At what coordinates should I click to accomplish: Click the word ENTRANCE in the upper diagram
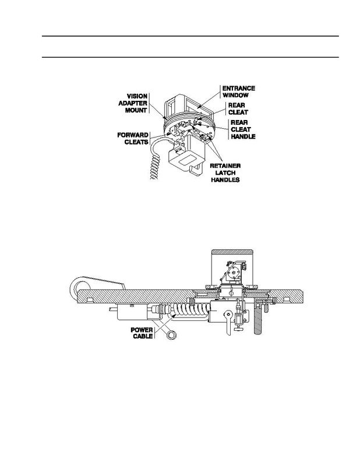coord(239,89)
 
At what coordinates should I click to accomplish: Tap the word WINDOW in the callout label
coord(235,96)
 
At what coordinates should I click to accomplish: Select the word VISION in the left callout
coord(137,96)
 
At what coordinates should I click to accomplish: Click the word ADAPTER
coord(133,103)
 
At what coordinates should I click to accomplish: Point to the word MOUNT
coord(136,110)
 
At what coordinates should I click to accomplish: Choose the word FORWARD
coord(133,135)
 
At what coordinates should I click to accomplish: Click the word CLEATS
coord(136,142)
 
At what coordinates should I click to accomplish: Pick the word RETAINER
coord(225,166)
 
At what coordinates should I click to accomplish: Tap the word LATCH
coord(225,172)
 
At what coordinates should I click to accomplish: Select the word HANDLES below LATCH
coord(225,180)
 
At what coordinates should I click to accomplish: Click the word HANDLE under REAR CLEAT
coord(243,136)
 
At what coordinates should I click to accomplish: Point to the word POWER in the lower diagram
coord(142,330)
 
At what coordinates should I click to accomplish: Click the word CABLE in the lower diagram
coord(143,337)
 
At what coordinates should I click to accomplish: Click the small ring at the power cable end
coord(171,335)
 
